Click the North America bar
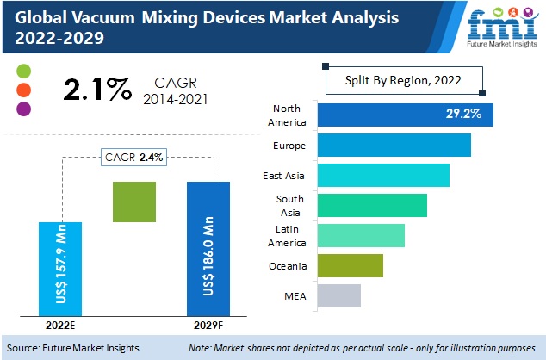(x=405, y=115)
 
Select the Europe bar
(x=394, y=145)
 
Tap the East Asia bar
(x=383, y=175)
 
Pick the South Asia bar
(x=372, y=205)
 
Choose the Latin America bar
(x=361, y=235)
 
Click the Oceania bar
(x=350, y=265)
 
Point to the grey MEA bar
(x=338, y=295)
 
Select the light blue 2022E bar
(x=60, y=269)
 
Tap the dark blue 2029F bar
(x=208, y=248)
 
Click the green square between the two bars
(x=133, y=202)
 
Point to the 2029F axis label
(x=208, y=326)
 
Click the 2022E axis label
(x=59, y=326)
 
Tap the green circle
(x=23, y=70)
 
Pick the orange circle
(x=23, y=89)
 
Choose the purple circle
(x=23, y=109)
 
